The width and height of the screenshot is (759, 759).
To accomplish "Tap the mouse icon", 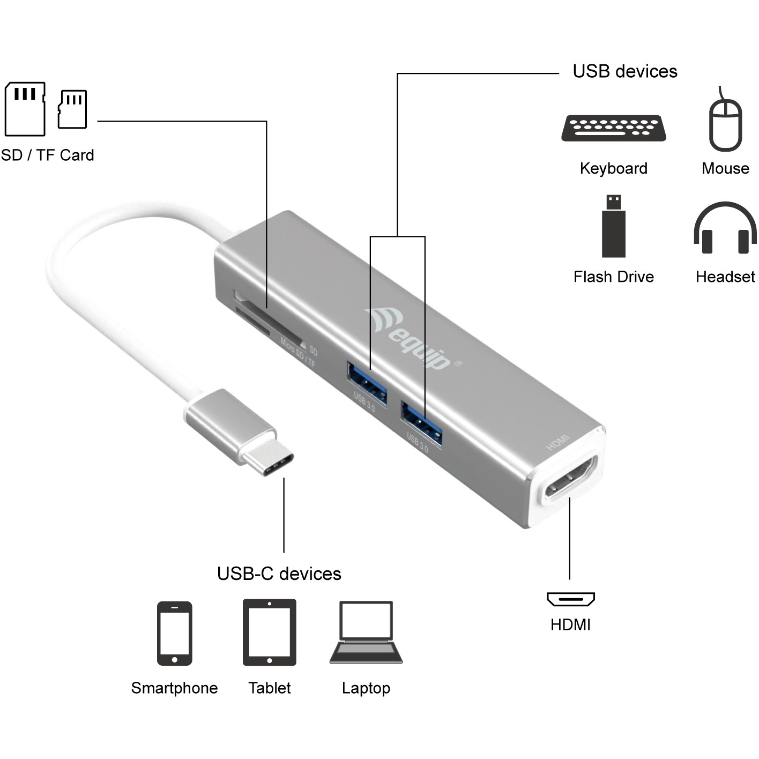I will coord(725,123).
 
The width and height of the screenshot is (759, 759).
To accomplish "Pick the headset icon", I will coord(725,228).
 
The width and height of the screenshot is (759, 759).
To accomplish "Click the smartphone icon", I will coord(174,633).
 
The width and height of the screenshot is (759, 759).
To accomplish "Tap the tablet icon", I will coord(269,632).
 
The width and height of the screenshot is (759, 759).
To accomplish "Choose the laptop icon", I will coord(366,632).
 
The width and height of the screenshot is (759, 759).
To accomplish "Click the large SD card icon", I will coord(25,109).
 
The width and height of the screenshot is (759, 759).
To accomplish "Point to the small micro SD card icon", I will coord(72,109).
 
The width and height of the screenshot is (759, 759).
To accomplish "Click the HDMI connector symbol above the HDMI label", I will coord(570,599).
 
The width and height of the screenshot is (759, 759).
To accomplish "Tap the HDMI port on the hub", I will coord(570,478).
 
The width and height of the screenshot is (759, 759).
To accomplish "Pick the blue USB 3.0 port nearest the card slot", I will coord(367,384).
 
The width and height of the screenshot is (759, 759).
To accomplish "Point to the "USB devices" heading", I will coord(624,71).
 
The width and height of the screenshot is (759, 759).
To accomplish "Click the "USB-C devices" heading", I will coord(279,574).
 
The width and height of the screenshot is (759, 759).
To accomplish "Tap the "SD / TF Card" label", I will coord(48,155).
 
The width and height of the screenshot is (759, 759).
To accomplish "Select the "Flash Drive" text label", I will coord(613,277).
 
